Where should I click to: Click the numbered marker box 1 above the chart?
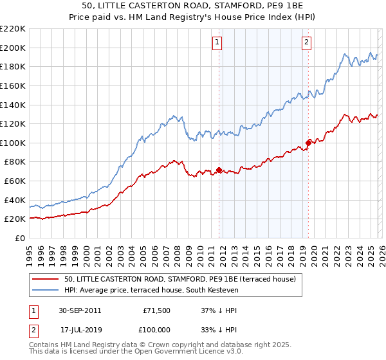[217, 42]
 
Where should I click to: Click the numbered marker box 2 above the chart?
[306, 42]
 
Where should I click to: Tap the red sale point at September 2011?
[219, 170]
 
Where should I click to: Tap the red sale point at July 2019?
[308, 143]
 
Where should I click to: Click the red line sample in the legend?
[46, 279]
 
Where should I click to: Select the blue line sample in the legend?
[46, 291]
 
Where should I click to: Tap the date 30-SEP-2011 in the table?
[79, 310]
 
